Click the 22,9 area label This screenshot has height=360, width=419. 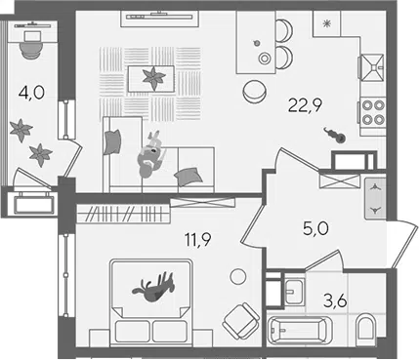(x=305, y=105)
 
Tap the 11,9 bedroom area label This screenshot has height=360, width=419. (x=198, y=240)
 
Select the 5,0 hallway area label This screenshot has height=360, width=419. (x=315, y=229)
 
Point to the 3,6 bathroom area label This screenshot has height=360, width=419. (x=335, y=301)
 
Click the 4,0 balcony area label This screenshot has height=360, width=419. (x=31, y=94)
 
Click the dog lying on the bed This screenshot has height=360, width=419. (x=153, y=287)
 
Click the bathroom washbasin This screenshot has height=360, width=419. (x=294, y=288)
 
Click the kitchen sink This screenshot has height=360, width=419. (x=372, y=67)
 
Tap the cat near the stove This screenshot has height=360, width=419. (x=335, y=135)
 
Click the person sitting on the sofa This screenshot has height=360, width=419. (x=151, y=155)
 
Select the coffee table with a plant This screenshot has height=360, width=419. (x=150, y=79)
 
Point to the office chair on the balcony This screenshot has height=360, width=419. (x=31, y=49)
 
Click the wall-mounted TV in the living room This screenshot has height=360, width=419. (x=159, y=17)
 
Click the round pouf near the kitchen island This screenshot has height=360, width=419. (x=255, y=92)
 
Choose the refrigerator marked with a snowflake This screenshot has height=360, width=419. (x=326, y=23)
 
